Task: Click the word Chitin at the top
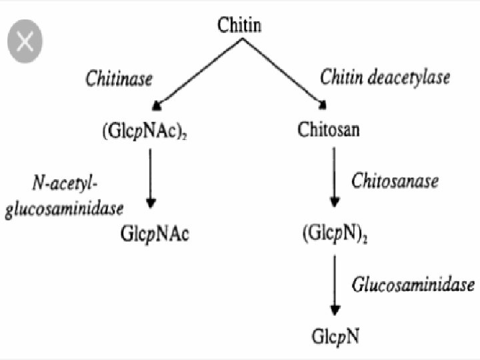pos(240,26)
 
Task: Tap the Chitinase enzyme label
pos(119,78)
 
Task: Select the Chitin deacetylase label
pos(385,77)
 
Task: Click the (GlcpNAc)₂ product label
pos(151,129)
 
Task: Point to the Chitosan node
pos(329,129)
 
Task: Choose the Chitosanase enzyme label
pos(395,181)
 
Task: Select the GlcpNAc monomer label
pos(155,234)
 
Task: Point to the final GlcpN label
pos(335,337)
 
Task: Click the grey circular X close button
pos(25,41)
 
